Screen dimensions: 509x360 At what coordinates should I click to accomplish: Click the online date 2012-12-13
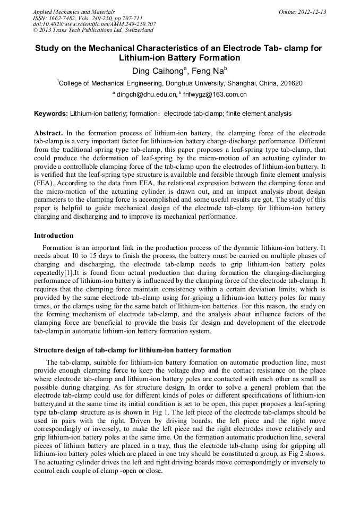[312, 12]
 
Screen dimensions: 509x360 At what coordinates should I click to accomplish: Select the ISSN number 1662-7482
[65, 18]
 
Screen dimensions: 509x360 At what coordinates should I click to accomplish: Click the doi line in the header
[94, 24]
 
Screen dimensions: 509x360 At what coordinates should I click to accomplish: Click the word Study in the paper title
[47, 48]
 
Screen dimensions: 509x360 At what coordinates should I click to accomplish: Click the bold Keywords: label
[51, 114]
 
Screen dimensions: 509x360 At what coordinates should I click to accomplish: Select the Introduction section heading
[54, 236]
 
